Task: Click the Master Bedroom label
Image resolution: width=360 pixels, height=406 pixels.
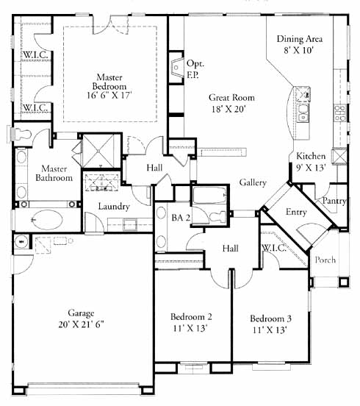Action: pyautogui.click(x=109, y=82)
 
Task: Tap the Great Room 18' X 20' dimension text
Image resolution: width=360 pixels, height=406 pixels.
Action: pyautogui.click(x=228, y=110)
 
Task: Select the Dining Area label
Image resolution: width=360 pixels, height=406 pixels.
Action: pyautogui.click(x=300, y=39)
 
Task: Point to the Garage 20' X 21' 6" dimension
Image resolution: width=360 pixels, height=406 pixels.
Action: pyautogui.click(x=81, y=324)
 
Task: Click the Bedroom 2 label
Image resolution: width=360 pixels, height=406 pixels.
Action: pyautogui.click(x=191, y=317)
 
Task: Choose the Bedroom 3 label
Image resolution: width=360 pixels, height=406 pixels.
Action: pyautogui.click(x=270, y=318)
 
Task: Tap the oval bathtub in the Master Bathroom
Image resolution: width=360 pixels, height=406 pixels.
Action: pyautogui.click(x=47, y=220)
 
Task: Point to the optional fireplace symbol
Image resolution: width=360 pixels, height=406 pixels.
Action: pyautogui.click(x=177, y=68)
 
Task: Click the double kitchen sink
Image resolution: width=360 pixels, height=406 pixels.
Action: pyautogui.click(x=303, y=113)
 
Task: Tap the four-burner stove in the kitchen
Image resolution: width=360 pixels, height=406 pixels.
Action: pyautogui.click(x=340, y=113)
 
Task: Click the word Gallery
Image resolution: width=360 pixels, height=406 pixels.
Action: pyautogui.click(x=253, y=182)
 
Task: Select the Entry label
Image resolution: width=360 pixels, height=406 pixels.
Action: pyautogui.click(x=296, y=212)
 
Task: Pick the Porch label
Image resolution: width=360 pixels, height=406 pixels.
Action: pyautogui.click(x=325, y=260)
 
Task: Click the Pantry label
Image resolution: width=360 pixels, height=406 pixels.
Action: pyautogui.click(x=334, y=201)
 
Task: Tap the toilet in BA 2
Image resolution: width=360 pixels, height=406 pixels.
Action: pyautogui.click(x=218, y=216)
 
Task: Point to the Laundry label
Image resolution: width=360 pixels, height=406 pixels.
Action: pyautogui.click(x=114, y=207)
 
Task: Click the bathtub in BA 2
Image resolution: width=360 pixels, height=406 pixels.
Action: pyautogui.click(x=209, y=195)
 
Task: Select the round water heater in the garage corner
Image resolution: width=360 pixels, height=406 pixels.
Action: pyautogui.click(x=22, y=241)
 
